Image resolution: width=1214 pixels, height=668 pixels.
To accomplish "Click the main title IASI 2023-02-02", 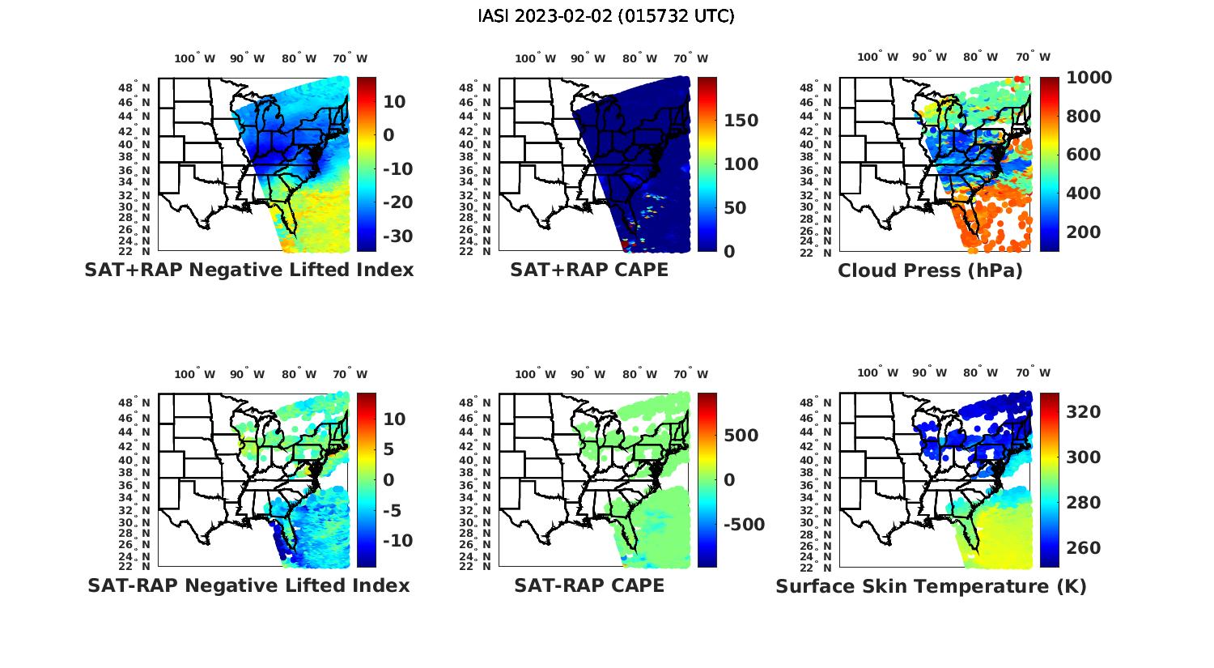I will [x=606, y=16].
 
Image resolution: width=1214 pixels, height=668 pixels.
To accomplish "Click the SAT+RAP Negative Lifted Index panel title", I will [x=249, y=270].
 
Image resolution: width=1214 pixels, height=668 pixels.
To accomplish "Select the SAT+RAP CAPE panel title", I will [x=589, y=270].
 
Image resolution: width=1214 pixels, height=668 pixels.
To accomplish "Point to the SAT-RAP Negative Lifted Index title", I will [x=248, y=585].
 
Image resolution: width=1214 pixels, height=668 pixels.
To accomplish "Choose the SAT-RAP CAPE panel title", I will [x=589, y=585].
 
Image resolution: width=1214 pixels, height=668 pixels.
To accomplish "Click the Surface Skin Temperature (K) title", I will [x=931, y=586].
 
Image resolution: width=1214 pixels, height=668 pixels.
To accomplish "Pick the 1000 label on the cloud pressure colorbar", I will [x=1089, y=78].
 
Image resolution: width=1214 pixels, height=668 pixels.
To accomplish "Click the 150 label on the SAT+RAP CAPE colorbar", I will [x=741, y=121].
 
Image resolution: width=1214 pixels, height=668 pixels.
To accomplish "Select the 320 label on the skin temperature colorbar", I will [x=1084, y=412].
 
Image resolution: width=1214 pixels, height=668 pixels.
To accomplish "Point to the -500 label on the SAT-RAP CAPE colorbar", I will [x=742, y=525].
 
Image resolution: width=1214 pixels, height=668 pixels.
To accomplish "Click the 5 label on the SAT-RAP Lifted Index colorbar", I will [x=388, y=449].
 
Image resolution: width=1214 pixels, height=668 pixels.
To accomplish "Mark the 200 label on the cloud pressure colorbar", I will [x=1084, y=232].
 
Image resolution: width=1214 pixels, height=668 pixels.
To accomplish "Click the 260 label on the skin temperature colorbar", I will [x=1084, y=548].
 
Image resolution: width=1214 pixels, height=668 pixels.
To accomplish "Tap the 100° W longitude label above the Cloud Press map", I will [x=878, y=57].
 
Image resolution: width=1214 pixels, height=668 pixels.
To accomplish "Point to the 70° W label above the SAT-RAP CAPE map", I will [x=691, y=374].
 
